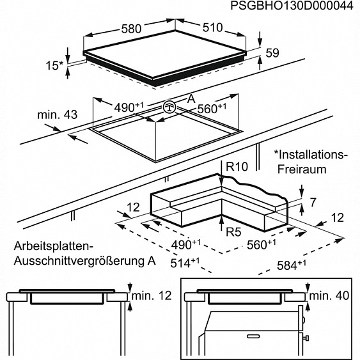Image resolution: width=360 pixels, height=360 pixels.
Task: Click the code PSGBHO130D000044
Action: [x=292, y=6]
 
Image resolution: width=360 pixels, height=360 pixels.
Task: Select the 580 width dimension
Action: [x=131, y=29]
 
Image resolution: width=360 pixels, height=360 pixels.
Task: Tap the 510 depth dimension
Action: [x=212, y=27]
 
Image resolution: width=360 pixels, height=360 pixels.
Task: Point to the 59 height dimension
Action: [x=272, y=53]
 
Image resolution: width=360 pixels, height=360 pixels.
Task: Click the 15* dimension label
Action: [x=54, y=65]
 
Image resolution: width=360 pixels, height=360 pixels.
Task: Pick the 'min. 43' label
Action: [x=58, y=115]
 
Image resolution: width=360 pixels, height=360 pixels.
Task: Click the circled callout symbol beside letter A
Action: [x=169, y=107]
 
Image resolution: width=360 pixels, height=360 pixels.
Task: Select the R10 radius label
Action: [x=237, y=166]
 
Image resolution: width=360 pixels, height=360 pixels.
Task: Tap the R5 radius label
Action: [x=233, y=231]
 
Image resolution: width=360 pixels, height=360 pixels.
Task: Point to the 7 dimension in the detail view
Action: [x=313, y=202]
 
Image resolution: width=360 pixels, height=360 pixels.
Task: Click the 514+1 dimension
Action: [x=185, y=263]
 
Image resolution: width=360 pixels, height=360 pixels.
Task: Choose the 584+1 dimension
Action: [x=291, y=265]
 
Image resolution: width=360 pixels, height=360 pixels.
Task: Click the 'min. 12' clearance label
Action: [x=152, y=295]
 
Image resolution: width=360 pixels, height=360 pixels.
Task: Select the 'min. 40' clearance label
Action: [x=329, y=295]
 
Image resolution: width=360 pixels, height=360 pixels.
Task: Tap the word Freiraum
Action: [x=302, y=169]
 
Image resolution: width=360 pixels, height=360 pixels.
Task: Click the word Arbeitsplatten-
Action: [x=54, y=247]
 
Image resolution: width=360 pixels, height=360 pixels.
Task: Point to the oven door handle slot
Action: [x=253, y=336]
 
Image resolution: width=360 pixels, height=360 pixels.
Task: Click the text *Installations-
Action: [x=311, y=155]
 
